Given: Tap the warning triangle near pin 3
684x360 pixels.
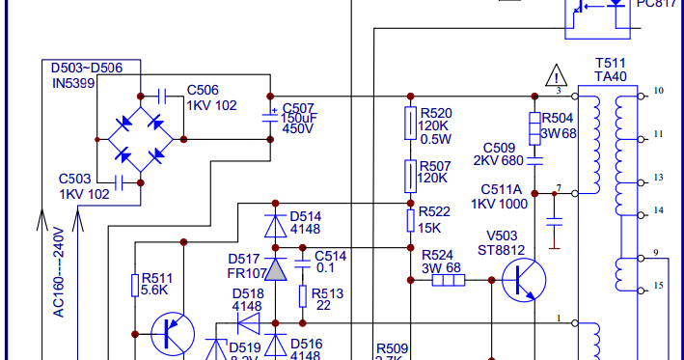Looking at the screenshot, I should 557,75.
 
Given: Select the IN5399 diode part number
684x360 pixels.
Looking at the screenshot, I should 75,83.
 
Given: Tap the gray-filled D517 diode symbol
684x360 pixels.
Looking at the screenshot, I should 276,269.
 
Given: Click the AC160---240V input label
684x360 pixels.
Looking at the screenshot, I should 58,272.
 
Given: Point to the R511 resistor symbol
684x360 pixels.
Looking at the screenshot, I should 136,285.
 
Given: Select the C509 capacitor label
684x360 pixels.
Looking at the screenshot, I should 499,147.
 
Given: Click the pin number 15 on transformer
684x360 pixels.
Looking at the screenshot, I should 659,286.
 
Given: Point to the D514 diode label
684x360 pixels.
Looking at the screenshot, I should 305,216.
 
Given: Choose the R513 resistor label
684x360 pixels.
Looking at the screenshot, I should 330,292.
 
